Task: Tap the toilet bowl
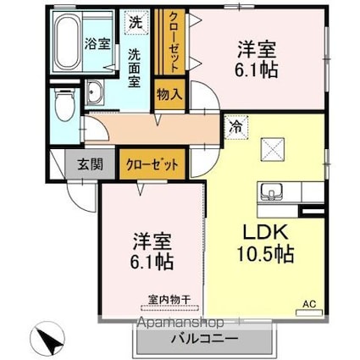pyautogui.click(x=65, y=105)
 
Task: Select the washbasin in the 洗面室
pyautogui.click(x=95, y=92)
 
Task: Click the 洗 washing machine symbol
pyautogui.click(x=136, y=23)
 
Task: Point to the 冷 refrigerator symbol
pyautogui.click(x=236, y=128)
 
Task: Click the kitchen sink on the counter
pyautogui.click(x=271, y=192)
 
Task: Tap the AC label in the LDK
pyautogui.click(x=309, y=304)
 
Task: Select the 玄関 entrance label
pyautogui.click(x=90, y=163)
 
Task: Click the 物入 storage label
pyautogui.click(x=169, y=94)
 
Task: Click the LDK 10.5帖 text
pyautogui.click(x=266, y=243)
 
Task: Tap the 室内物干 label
pyautogui.click(x=169, y=300)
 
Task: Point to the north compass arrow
pyautogui.click(x=50, y=337)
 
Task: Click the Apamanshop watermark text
pyautogui.click(x=180, y=323)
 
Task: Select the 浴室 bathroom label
pyautogui.click(x=97, y=44)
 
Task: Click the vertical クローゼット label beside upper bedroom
pyautogui.click(x=174, y=42)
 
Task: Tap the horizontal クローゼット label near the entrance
pyautogui.click(x=152, y=164)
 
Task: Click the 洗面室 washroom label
pyautogui.click(x=135, y=68)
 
